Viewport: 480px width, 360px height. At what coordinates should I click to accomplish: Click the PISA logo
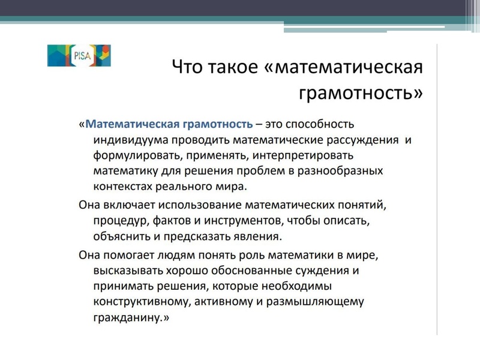coord(79,55)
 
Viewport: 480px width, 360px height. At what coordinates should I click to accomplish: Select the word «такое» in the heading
coord(234,67)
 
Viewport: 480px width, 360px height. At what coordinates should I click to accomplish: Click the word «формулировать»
coord(127,156)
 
